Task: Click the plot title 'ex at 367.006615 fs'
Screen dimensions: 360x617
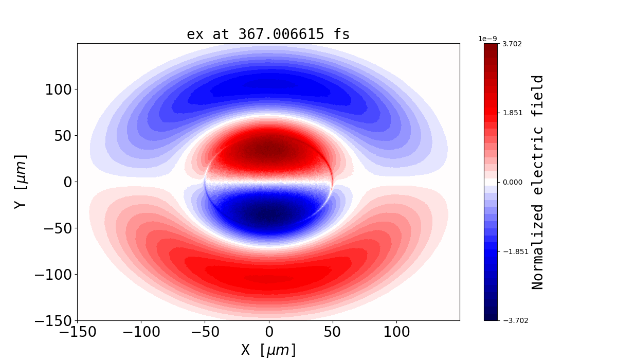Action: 268,34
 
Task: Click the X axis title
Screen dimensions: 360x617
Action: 268,350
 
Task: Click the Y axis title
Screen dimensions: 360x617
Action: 20,182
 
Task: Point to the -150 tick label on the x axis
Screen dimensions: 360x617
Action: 77,332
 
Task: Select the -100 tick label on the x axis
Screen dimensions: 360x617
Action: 141,332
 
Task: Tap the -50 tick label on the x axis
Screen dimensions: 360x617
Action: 205,332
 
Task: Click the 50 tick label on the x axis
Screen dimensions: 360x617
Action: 333,332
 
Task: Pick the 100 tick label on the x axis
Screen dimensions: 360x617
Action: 396,332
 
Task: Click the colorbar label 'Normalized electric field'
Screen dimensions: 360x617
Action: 538,182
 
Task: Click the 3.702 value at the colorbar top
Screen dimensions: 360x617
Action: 512,44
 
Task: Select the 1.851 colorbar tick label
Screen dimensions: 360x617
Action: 512,113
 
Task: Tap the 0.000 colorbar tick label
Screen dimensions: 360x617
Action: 512,182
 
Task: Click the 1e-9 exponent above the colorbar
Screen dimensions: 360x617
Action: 487,39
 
